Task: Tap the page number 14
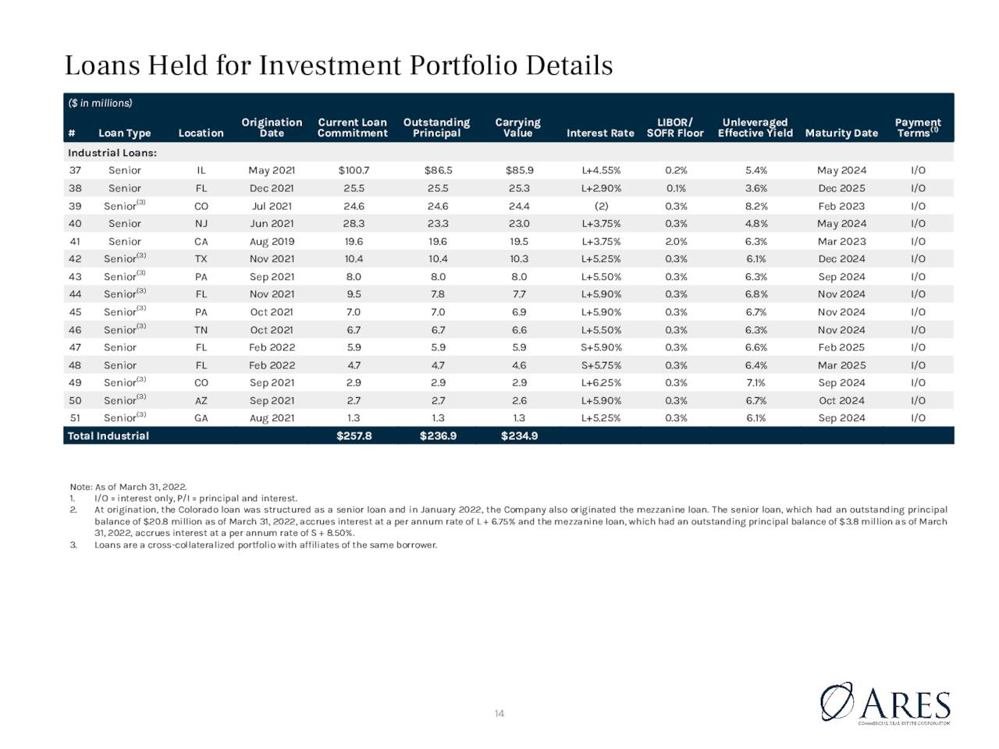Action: pyautogui.click(x=499, y=714)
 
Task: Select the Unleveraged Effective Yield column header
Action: pyautogui.click(x=755, y=128)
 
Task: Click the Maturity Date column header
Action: pyautogui.click(x=841, y=133)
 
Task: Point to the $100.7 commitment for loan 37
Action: pyautogui.click(x=354, y=171)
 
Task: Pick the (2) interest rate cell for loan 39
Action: pyautogui.click(x=601, y=206)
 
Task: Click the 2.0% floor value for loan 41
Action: pyautogui.click(x=676, y=242)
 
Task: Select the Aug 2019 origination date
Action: pyautogui.click(x=272, y=242)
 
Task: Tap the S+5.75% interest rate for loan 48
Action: pyautogui.click(x=601, y=365)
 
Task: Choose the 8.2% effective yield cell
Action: pyautogui.click(x=756, y=206)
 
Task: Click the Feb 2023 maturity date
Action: pyautogui.click(x=841, y=206)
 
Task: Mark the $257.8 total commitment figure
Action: pyautogui.click(x=354, y=435)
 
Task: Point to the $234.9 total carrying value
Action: pyautogui.click(x=519, y=435)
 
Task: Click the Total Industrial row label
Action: pyautogui.click(x=108, y=435)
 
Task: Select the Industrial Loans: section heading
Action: pyautogui.click(x=112, y=153)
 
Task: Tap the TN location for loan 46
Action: pyautogui.click(x=201, y=330)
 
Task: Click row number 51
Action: pyautogui.click(x=75, y=418)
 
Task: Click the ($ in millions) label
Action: pyautogui.click(x=100, y=103)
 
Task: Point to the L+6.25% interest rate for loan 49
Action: pyautogui.click(x=601, y=383)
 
